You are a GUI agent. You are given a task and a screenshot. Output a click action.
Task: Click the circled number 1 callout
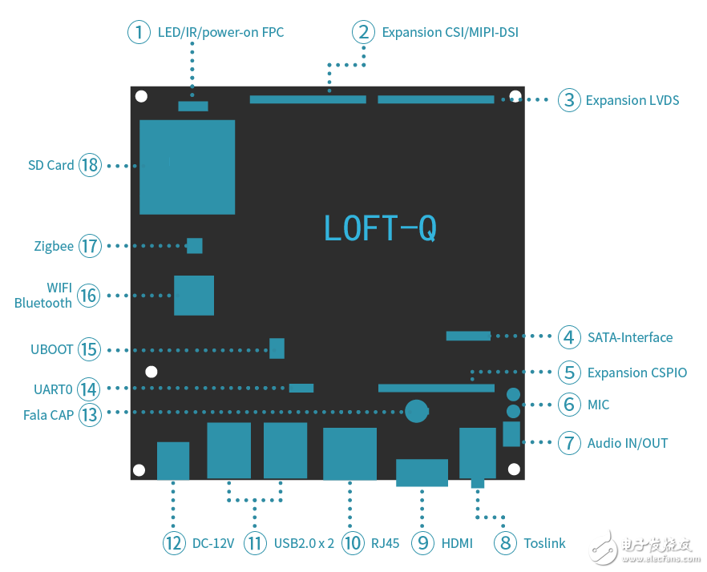[x=139, y=32]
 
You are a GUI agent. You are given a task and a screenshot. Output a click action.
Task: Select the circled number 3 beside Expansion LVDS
[x=569, y=100]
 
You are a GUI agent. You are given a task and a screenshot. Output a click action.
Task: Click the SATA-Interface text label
[x=629, y=337]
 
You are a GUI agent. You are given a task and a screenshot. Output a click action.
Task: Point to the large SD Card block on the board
[x=187, y=167]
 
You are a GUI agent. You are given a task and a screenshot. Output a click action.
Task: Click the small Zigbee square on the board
[x=194, y=245]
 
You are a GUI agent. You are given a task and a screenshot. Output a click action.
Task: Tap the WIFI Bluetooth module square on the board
[x=194, y=295]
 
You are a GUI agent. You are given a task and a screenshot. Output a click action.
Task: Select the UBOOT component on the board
[x=277, y=348]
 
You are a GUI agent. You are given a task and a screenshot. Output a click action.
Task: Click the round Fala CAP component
[x=416, y=411]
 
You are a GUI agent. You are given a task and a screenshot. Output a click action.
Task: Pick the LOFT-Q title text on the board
[x=380, y=228]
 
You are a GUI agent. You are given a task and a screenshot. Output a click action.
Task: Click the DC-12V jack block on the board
[x=173, y=460]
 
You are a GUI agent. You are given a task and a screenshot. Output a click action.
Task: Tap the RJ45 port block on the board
[x=349, y=453]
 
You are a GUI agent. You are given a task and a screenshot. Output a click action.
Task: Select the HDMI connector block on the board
[x=422, y=472]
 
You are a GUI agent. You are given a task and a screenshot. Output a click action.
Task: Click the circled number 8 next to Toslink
[x=505, y=543]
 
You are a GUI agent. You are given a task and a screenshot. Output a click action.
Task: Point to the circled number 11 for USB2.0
[x=255, y=543]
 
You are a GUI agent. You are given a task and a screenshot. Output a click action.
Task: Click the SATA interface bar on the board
[x=468, y=336]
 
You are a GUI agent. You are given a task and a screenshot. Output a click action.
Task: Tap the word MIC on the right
[x=598, y=405]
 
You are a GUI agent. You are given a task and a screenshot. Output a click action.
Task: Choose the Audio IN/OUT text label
[x=627, y=443]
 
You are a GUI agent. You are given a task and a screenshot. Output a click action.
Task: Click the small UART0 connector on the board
[x=301, y=388]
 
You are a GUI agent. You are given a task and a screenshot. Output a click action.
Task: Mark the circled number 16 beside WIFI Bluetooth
[x=88, y=296]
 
